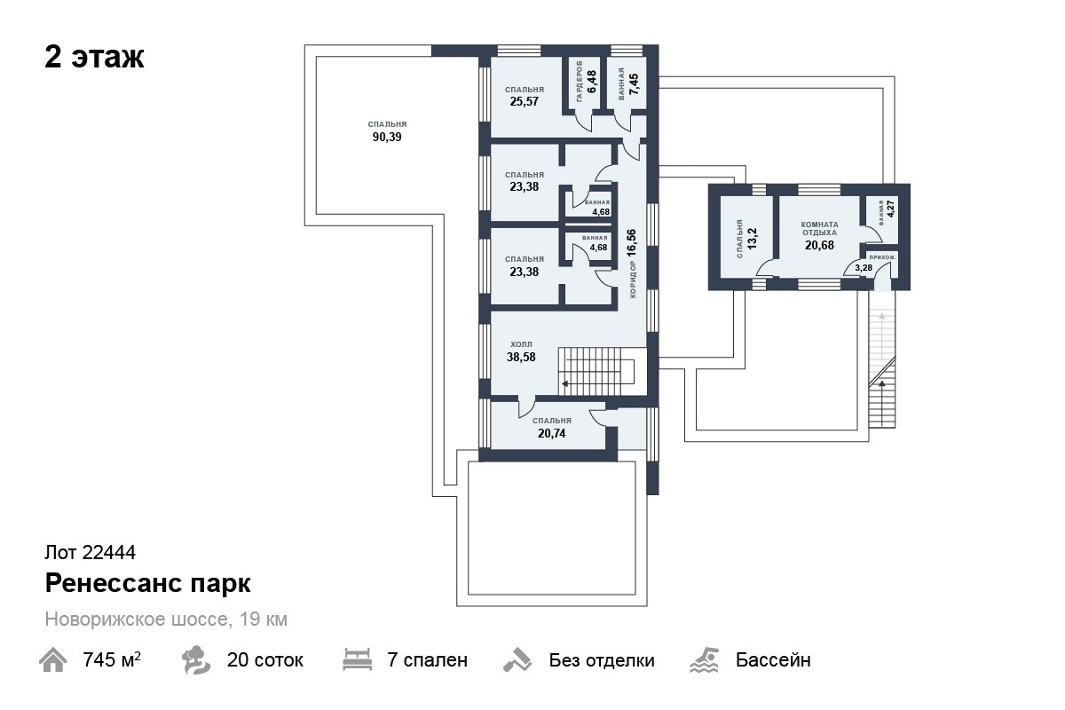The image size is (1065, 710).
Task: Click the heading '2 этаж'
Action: tap(94, 58)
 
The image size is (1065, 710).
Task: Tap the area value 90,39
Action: tap(387, 137)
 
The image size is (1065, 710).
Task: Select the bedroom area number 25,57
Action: tap(524, 101)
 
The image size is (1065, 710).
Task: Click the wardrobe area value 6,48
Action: tap(592, 82)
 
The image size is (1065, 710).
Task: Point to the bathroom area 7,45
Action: tap(634, 84)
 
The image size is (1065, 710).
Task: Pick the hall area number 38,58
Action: tap(521, 357)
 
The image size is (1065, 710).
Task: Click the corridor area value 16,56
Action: tap(631, 242)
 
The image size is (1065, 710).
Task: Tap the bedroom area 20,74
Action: tap(551, 433)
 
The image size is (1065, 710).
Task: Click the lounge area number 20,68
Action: tap(819, 245)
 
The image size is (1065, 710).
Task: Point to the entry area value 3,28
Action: tap(864, 268)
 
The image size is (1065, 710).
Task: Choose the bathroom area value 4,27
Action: tap(890, 208)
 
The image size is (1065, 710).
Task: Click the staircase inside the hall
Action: tap(596, 371)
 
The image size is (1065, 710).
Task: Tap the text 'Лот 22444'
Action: tap(90, 552)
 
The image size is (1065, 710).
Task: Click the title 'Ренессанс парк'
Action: tap(148, 583)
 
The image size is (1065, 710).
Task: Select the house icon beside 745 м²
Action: tap(52, 659)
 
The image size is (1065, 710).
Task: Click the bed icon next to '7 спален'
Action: tap(357, 659)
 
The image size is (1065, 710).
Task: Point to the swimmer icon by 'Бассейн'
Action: tap(704, 659)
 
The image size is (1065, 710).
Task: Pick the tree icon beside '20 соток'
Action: tap(195, 659)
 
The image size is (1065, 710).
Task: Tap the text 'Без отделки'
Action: tap(602, 660)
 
